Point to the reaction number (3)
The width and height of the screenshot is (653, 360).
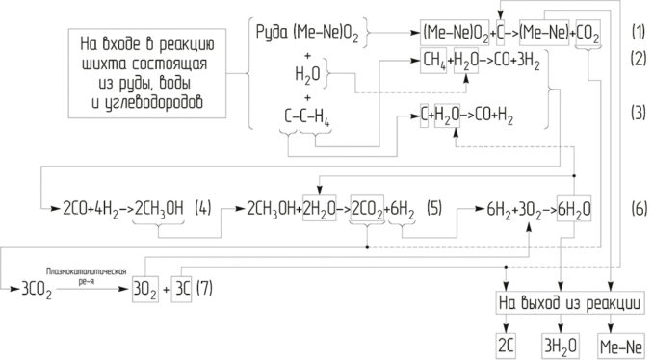(638, 113)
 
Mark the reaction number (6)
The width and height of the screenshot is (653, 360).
(638, 207)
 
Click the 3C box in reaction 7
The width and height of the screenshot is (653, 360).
(182, 287)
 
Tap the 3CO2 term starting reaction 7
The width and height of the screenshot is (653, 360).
(22, 287)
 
